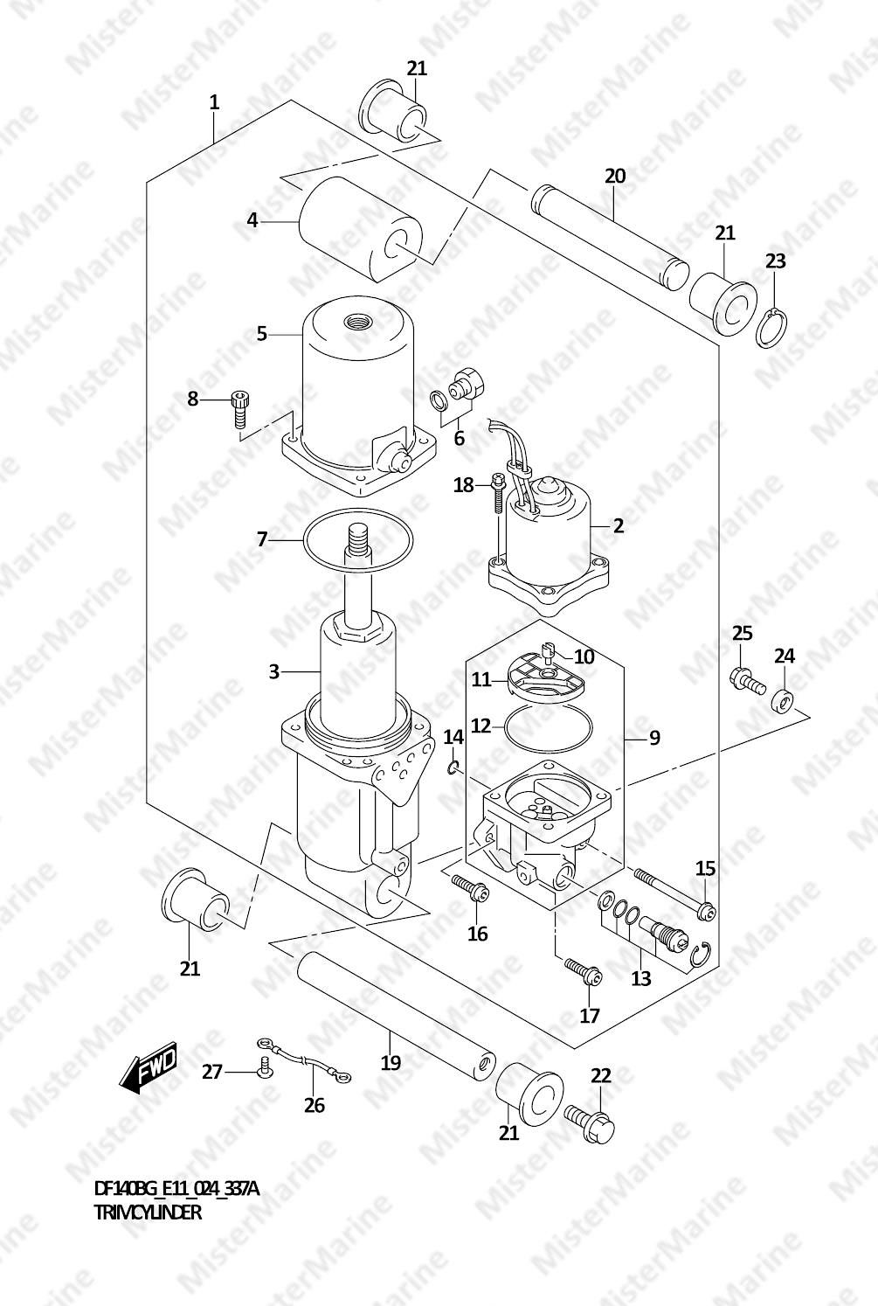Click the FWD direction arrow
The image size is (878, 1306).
tap(151, 1066)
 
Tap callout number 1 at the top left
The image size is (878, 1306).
tap(214, 102)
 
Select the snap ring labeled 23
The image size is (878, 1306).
tap(772, 329)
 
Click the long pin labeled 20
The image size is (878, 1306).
tap(610, 236)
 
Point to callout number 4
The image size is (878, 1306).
tap(252, 220)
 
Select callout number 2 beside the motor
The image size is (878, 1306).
tap(619, 525)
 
